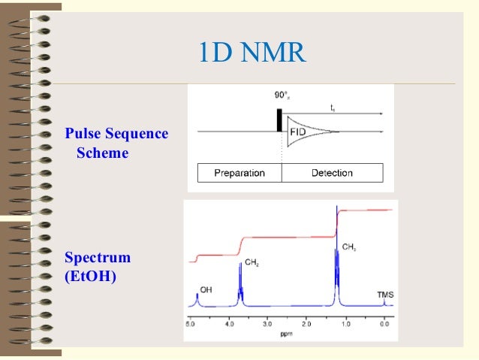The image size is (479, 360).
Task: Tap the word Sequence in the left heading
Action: pyautogui.click(x=138, y=134)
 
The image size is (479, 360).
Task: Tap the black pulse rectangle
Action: pyautogui.click(x=279, y=119)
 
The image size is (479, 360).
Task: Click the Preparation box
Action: pyautogui.click(x=239, y=173)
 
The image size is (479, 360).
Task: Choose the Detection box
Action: pyautogui.click(x=332, y=173)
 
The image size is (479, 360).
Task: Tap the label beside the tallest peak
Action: pyautogui.click(x=349, y=247)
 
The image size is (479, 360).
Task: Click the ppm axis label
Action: pyautogui.click(x=287, y=333)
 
